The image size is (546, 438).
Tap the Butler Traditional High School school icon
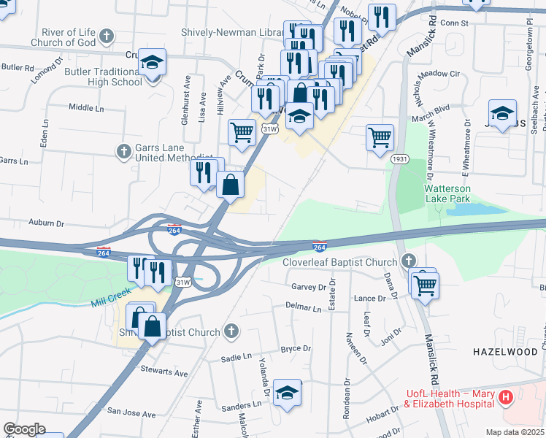(x=153, y=63)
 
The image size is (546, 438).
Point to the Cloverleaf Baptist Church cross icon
(x=407, y=261)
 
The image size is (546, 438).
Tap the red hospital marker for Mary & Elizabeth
(x=507, y=399)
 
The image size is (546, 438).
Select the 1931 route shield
(x=399, y=158)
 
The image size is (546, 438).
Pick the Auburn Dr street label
(x=47, y=223)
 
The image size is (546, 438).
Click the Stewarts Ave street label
(x=164, y=372)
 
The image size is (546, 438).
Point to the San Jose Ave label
(x=132, y=414)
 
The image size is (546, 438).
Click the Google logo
(x=24, y=429)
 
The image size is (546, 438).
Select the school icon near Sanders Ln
(x=287, y=392)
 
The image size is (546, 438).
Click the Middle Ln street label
(x=87, y=107)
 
